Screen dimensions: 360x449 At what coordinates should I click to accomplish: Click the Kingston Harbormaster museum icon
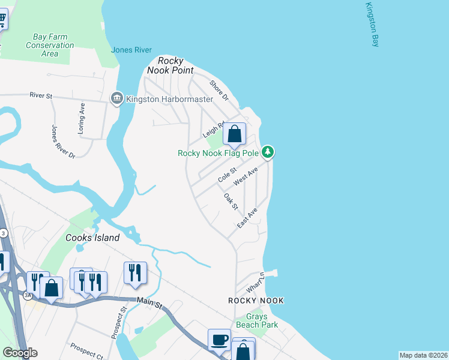coord(116,98)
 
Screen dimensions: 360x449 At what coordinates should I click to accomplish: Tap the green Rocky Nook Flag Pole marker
coord(268,152)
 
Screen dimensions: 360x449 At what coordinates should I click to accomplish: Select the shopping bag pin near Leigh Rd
coord(234,134)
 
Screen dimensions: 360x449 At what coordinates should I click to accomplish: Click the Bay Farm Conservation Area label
coord(50,45)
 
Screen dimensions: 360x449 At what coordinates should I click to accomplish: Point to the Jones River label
coord(131,50)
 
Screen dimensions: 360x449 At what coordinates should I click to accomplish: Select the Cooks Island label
coord(92,238)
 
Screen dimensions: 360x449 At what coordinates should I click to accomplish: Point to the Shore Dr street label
coord(219,90)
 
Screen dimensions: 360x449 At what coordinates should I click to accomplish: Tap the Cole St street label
coord(228,176)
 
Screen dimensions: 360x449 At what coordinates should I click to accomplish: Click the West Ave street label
coord(246,176)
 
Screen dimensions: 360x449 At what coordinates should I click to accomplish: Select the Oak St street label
coord(231,201)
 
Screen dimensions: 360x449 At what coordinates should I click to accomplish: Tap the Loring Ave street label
coord(82,118)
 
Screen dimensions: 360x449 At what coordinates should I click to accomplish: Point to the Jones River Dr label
coord(63,142)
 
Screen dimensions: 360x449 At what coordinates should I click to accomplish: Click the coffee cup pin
coord(219,340)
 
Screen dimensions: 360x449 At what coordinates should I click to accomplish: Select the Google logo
coord(20,353)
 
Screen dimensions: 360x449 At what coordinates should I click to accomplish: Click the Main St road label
coord(151,305)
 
